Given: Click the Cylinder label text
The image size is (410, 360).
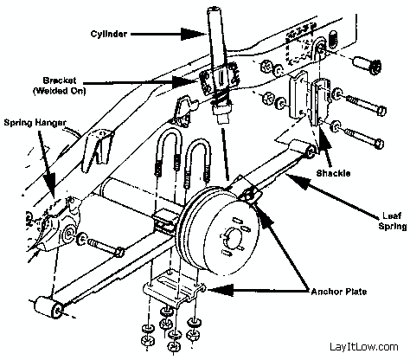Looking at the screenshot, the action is click(x=109, y=34).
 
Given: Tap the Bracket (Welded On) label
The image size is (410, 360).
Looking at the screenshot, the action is click(x=60, y=86).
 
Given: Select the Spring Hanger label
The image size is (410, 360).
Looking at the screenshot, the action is click(x=35, y=123).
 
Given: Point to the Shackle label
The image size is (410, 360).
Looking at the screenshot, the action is click(x=333, y=173).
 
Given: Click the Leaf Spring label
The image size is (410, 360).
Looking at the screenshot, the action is click(x=393, y=221).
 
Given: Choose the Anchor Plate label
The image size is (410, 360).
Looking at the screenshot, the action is click(x=339, y=292).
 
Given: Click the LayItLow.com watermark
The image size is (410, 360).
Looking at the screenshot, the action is click(x=364, y=346).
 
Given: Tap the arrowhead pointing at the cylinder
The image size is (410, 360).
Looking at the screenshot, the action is click(x=193, y=34).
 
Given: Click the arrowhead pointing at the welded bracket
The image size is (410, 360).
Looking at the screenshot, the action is click(x=184, y=82).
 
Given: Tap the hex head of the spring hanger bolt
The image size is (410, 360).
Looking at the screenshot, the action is click(x=119, y=253).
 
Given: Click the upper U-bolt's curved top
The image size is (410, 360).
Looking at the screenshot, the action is click(x=170, y=133).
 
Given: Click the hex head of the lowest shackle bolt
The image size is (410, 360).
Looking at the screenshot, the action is click(x=380, y=144).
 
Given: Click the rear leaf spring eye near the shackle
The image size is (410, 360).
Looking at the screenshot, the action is click(x=311, y=152).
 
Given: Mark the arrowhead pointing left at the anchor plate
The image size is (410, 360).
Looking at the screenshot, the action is click(x=221, y=290).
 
